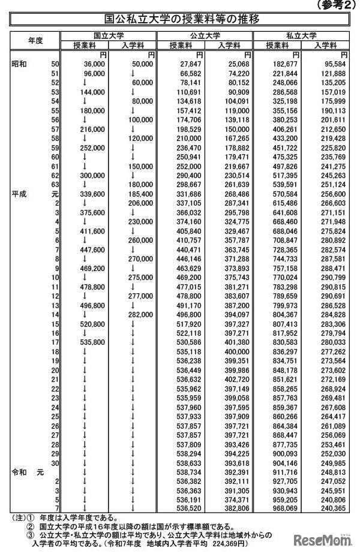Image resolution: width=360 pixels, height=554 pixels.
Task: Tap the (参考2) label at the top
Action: (x=331, y=5)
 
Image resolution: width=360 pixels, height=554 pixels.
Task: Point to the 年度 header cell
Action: (x=35, y=40)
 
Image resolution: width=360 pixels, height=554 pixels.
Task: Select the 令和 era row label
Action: (x=19, y=472)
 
